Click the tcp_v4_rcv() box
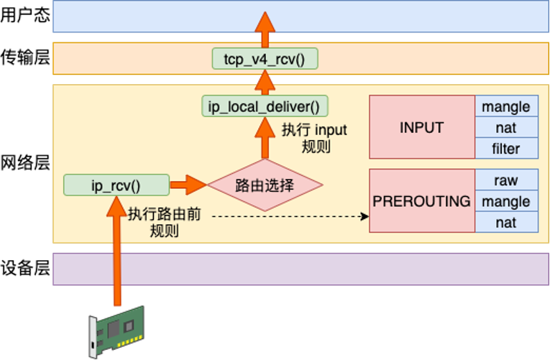coord(265,59)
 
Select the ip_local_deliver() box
coord(265,107)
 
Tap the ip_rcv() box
coord(116,185)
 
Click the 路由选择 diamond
coord(265,185)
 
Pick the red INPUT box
coord(421,127)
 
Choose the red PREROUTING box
coord(421,201)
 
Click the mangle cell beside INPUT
coord(506,107)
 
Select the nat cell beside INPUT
coord(506,128)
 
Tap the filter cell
coord(506,149)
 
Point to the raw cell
coord(506,180)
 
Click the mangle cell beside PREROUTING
coord(506,201)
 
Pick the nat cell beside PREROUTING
coord(506,223)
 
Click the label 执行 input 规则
coord(313,138)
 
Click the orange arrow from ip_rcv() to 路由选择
coord(188,185)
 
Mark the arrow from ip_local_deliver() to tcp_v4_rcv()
coord(265,83)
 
